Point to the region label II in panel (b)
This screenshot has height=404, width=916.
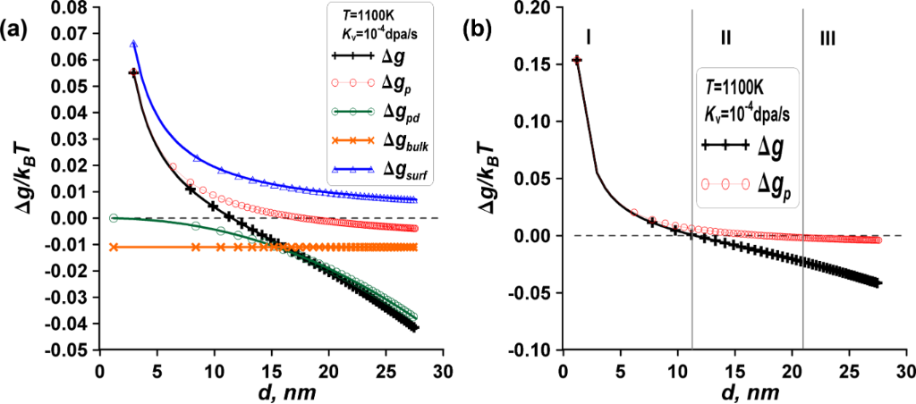tap(726, 38)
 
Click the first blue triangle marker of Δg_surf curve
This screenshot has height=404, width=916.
tap(133, 44)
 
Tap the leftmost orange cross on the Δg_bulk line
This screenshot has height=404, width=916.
tap(114, 246)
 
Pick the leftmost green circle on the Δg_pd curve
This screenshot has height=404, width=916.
tap(114, 218)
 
